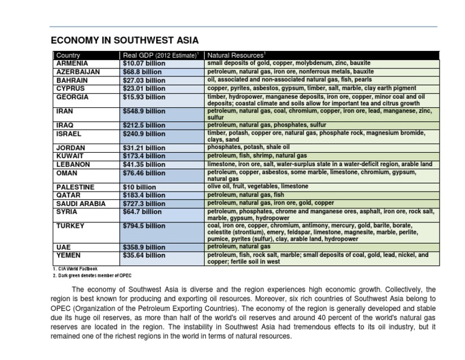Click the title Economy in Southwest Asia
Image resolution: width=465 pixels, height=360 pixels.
click(124, 41)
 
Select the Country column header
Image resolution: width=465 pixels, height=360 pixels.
click(68, 55)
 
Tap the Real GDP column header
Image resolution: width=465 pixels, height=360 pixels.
click(161, 55)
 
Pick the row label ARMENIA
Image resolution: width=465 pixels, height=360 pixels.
click(72, 63)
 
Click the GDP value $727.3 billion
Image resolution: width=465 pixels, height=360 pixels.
click(145, 204)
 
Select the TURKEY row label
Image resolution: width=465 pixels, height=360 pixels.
click(70, 226)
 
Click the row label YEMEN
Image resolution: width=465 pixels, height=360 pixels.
click(68, 256)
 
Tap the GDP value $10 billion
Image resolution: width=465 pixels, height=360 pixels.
click(140, 187)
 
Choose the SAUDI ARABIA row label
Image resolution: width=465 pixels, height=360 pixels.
click(81, 204)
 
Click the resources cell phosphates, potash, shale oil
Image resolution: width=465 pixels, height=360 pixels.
click(249, 147)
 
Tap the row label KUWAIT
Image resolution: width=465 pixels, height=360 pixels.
click(70, 156)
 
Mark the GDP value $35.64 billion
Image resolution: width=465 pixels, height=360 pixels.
click(143, 256)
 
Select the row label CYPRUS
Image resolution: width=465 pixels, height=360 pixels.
click(70, 88)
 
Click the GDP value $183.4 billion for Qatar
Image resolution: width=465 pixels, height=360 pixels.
click(143, 196)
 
